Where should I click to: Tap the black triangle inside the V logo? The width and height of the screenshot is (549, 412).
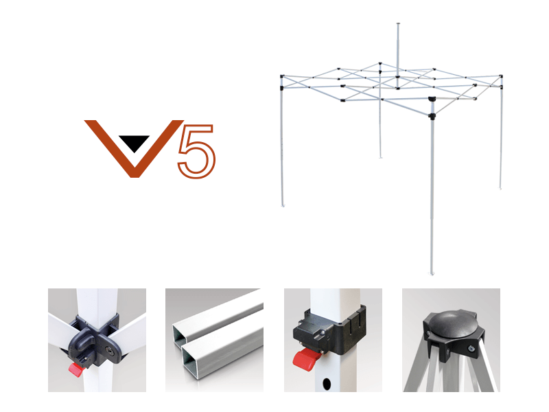(134, 143)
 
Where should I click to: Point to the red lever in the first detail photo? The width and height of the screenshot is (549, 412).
(75, 369)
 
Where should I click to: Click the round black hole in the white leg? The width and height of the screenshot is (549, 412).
(327, 384)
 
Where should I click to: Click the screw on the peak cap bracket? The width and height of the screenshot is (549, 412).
(471, 348)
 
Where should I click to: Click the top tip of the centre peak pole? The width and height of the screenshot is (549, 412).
(398, 24)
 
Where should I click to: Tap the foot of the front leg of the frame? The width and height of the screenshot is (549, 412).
(432, 273)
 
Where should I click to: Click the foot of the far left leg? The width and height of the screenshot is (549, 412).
(283, 205)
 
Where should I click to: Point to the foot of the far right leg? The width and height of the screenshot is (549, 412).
(500, 188)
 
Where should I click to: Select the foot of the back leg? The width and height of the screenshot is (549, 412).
(381, 157)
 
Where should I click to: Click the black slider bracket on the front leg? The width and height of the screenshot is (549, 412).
(432, 116)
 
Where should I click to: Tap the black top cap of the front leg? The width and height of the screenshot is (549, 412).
(432, 99)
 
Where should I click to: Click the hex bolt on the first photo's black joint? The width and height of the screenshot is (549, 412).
(109, 350)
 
